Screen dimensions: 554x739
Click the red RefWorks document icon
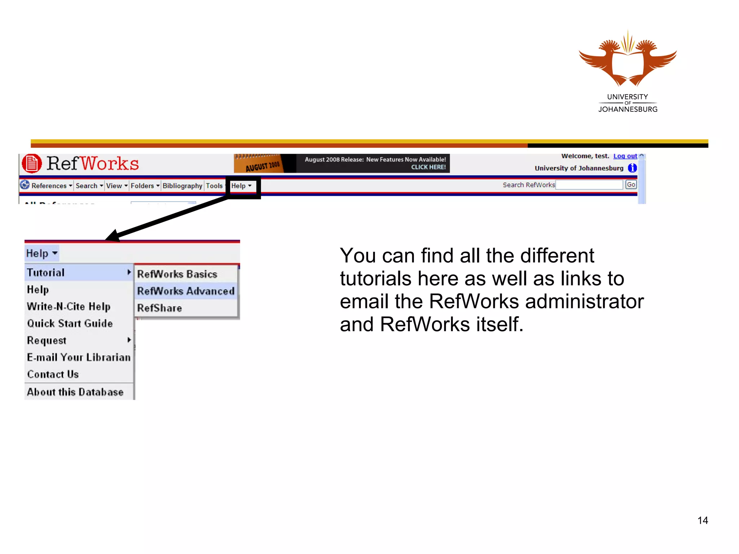point(32,164)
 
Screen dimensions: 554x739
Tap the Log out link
point(625,156)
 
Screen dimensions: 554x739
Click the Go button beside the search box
point(631,185)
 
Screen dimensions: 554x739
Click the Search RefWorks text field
point(589,185)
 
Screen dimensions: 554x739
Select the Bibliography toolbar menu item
point(182,186)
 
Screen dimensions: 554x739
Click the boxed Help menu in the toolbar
point(241,186)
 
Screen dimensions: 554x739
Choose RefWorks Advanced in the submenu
point(185,291)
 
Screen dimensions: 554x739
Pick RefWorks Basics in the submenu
point(177,274)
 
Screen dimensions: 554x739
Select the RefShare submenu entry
point(159,308)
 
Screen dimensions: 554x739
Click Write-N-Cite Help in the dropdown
point(69,307)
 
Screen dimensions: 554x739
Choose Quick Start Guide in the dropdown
point(70,324)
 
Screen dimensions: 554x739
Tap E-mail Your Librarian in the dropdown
point(79,357)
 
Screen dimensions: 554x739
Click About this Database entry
point(75,392)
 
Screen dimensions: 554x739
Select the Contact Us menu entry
point(53,374)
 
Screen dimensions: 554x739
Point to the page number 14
point(702,520)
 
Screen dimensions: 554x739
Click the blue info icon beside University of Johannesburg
point(632,168)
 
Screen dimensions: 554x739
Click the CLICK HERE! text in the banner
point(428,167)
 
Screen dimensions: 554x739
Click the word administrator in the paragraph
point(584,302)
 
